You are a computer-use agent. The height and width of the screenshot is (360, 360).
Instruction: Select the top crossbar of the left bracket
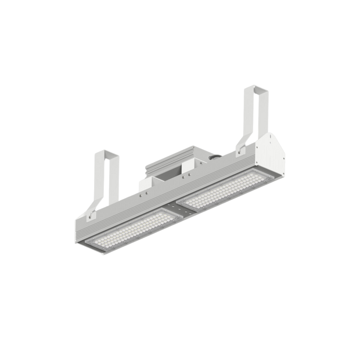107,152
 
